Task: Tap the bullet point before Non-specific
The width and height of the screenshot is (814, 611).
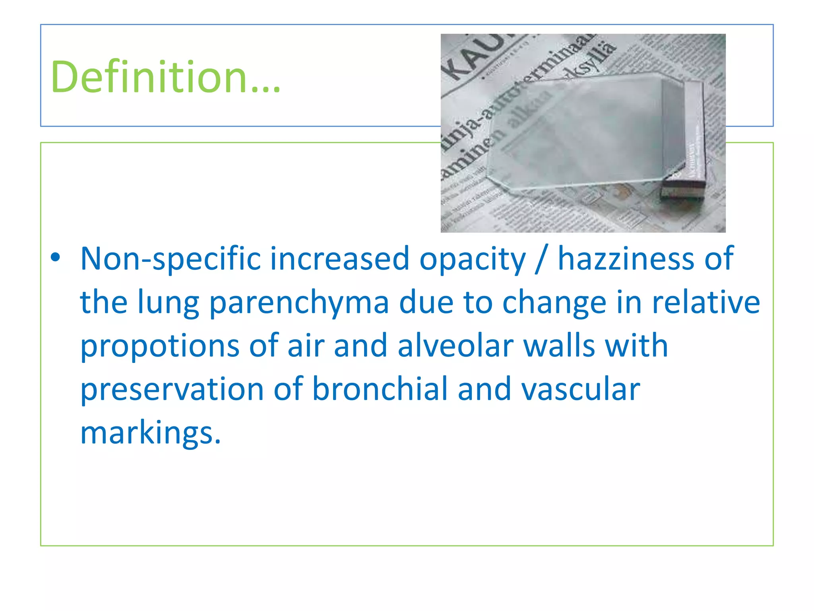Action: pos(56,257)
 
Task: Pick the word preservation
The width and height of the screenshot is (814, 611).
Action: pos(172,389)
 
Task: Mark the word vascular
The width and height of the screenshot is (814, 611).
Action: pos(581,389)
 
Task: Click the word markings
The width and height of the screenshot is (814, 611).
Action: pos(150,434)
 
